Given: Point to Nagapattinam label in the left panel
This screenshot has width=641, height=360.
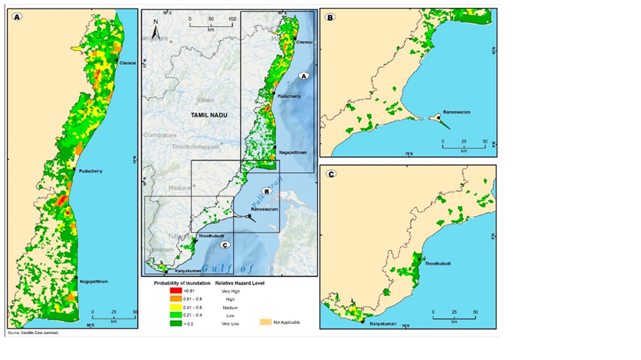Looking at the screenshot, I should (x=92, y=280).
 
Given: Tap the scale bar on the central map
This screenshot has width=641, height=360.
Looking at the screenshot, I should (x=211, y=26).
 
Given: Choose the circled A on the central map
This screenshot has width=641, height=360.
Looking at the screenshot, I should (x=305, y=75).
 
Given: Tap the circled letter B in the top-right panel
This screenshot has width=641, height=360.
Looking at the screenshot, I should (x=330, y=16).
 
